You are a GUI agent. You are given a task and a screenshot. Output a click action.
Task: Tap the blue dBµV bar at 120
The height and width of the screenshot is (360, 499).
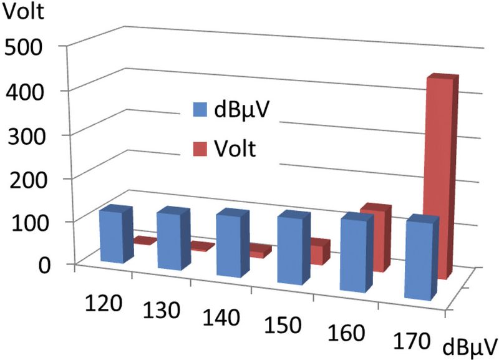point(112,235)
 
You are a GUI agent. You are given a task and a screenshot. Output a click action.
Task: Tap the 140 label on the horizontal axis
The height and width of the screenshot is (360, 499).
point(222,319)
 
